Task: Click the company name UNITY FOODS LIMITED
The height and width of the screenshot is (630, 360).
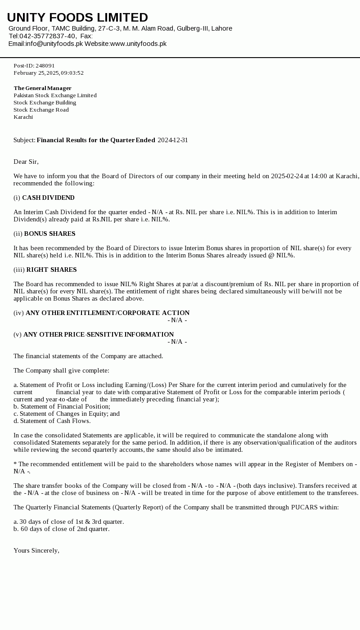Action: point(77,18)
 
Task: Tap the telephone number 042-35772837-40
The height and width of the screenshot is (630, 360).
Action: point(47,36)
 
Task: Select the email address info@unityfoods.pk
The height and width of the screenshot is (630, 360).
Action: point(54,44)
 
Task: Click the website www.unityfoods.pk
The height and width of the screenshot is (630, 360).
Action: point(138,44)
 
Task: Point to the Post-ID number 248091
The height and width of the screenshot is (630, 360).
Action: point(45,66)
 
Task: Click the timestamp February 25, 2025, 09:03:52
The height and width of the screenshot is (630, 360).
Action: point(49,73)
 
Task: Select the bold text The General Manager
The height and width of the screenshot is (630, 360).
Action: point(42,88)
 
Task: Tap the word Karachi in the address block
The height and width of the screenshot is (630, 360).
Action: point(23,117)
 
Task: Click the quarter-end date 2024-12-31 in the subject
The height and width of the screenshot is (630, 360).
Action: point(173,140)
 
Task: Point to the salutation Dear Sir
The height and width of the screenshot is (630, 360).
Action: point(26,162)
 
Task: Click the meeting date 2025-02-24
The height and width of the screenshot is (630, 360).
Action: point(287,176)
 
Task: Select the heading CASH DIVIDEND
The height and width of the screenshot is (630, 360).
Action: point(48,198)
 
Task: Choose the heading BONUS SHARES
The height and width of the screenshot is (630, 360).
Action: point(49,234)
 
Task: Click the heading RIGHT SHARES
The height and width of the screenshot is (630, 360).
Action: point(51,270)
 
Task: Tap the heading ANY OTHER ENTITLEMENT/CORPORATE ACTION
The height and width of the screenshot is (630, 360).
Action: point(108,313)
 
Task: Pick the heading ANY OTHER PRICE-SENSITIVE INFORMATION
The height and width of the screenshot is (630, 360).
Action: point(99,334)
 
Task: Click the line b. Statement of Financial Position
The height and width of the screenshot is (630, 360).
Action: point(62,406)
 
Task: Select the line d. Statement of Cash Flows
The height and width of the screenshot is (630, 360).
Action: point(52,421)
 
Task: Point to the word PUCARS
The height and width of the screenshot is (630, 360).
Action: point(304,507)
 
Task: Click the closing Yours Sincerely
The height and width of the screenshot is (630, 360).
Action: point(36,550)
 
